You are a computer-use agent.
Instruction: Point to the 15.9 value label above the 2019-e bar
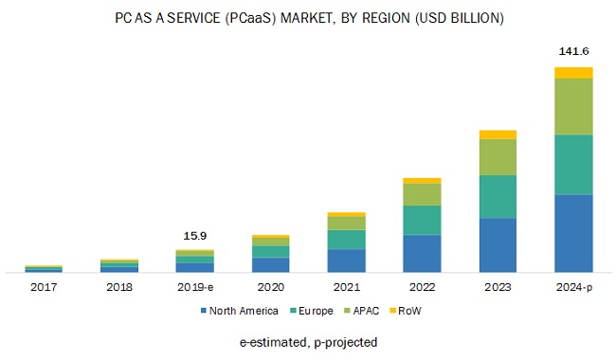coord(194,235)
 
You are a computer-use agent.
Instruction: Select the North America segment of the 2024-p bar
coord(573,233)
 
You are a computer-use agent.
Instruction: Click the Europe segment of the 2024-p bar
coord(573,164)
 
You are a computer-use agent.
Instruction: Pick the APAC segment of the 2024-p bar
coord(573,106)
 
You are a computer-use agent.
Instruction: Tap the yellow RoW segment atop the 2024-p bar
coord(573,73)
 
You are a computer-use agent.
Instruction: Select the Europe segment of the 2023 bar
coord(498,197)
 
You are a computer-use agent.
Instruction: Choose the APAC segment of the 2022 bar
coord(422,194)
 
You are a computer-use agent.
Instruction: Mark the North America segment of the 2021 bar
coord(346,261)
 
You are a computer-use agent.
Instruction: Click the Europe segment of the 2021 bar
coord(346,240)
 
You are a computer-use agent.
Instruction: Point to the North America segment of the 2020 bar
coord(270,265)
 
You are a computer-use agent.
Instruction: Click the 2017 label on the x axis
coord(43,285)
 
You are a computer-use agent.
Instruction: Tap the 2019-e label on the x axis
coord(194,285)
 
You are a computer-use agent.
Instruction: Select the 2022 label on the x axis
coord(422,285)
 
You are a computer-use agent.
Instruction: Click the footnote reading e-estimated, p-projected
coord(308,341)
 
